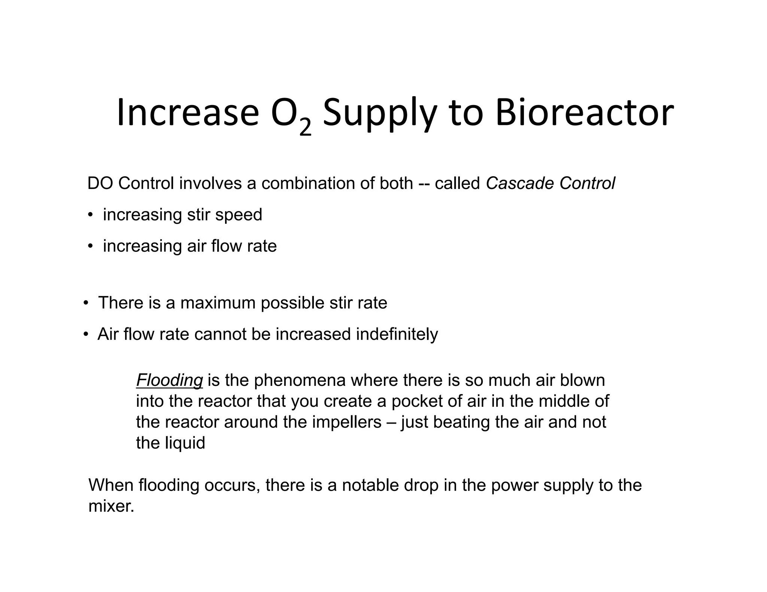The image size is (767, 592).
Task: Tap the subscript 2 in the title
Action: point(305,128)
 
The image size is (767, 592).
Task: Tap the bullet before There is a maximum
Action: point(86,303)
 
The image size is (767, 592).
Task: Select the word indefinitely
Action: point(397,334)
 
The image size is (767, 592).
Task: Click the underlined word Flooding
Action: point(169,381)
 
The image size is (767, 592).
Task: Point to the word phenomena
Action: point(300,381)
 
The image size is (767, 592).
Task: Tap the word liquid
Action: point(185,443)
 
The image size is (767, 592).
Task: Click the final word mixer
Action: point(111,506)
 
